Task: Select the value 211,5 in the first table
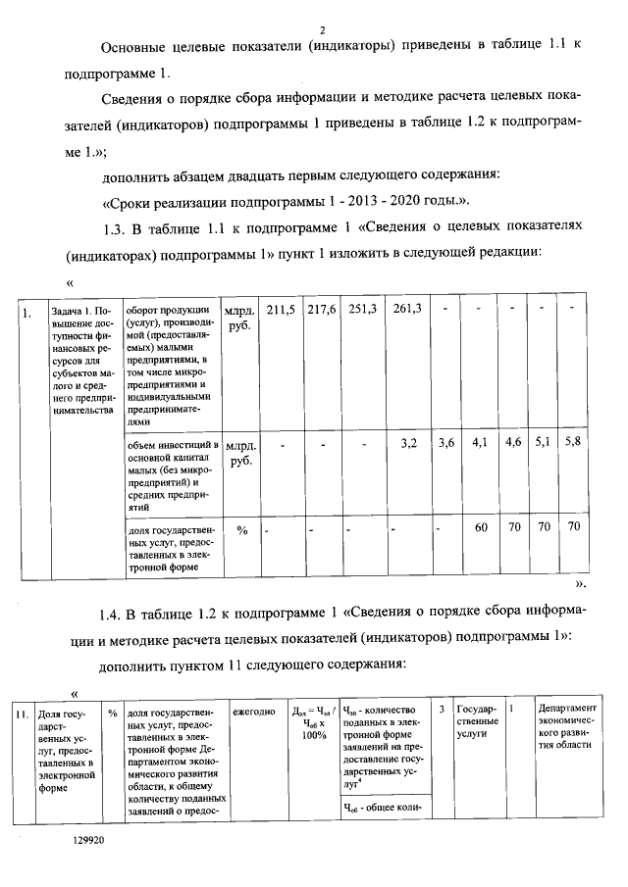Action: coord(283,310)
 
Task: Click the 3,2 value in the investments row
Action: coord(409,443)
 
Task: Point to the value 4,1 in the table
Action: coord(481,443)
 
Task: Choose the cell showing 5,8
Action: coord(573,443)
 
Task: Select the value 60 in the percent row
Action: coord(481,527)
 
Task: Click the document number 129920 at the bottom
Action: coord(87,841)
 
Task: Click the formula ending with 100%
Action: coord(314,721)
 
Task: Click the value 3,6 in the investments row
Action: coord(447,443)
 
